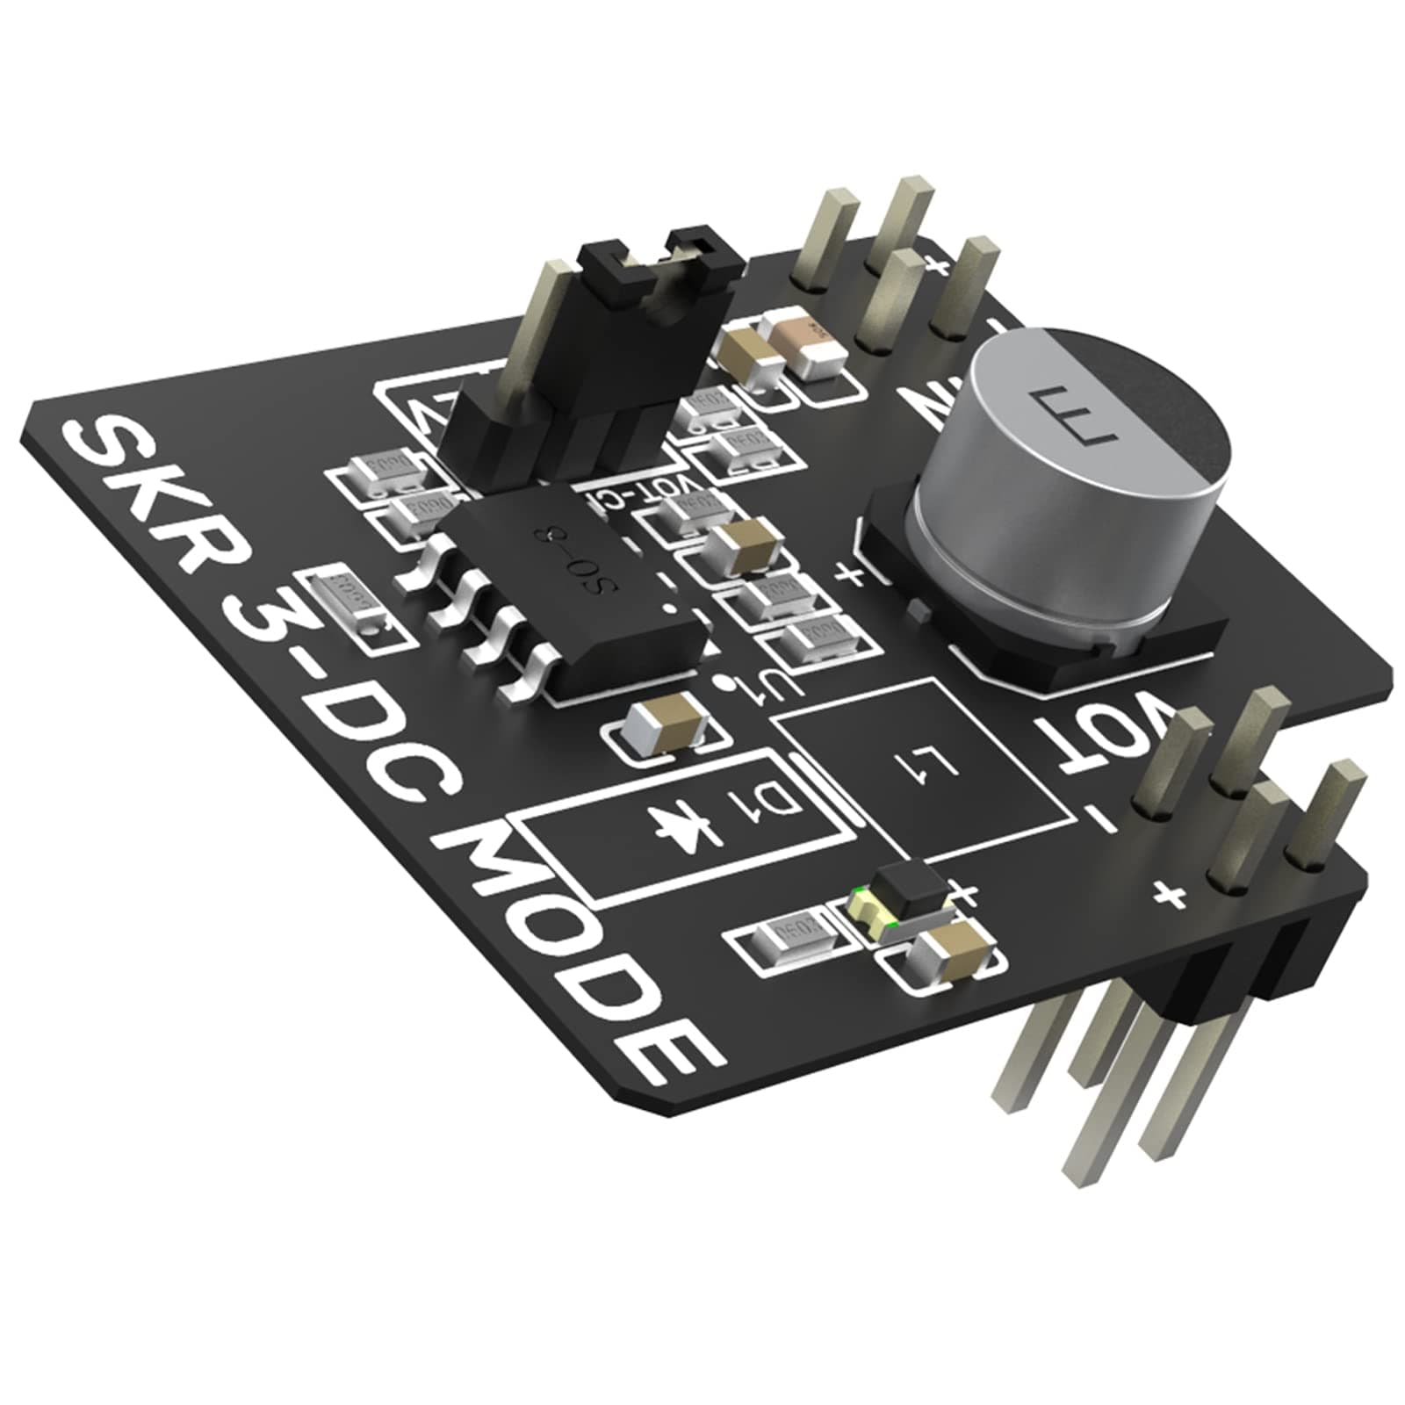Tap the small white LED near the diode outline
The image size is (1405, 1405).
tap(865, 904)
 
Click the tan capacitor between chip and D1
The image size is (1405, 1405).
tap(666, 720)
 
